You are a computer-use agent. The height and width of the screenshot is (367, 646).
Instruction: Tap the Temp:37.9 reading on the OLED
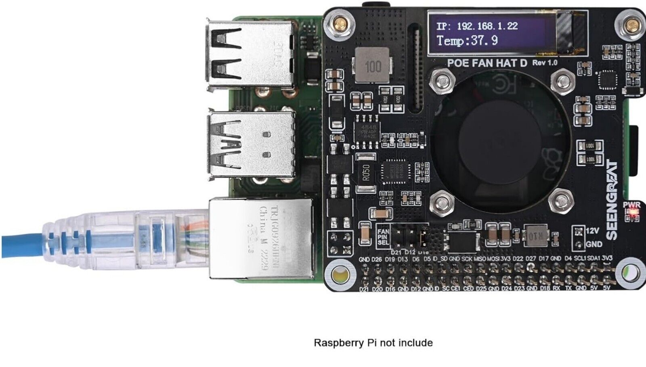pyautogui.click(x=467, y=41)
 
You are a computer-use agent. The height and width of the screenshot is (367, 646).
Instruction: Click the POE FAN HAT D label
pyautogui.click(x=487, y=63)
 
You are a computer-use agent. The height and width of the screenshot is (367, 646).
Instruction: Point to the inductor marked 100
pyautogui.click(x=372, y=66)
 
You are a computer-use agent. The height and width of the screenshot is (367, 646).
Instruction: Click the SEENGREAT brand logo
pyautogui.click(x=612, y=200)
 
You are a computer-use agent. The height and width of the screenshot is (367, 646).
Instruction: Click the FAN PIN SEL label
pyautogui.click(x=383, y=237)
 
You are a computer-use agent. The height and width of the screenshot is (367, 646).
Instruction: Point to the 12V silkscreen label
pyautogui.click(x=592, y=231)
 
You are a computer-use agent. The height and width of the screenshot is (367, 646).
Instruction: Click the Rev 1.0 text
pyautogui.click(x=545, y=63)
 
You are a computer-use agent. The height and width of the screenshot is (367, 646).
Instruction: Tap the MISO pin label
pyautogui.click(x=480, y=258)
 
